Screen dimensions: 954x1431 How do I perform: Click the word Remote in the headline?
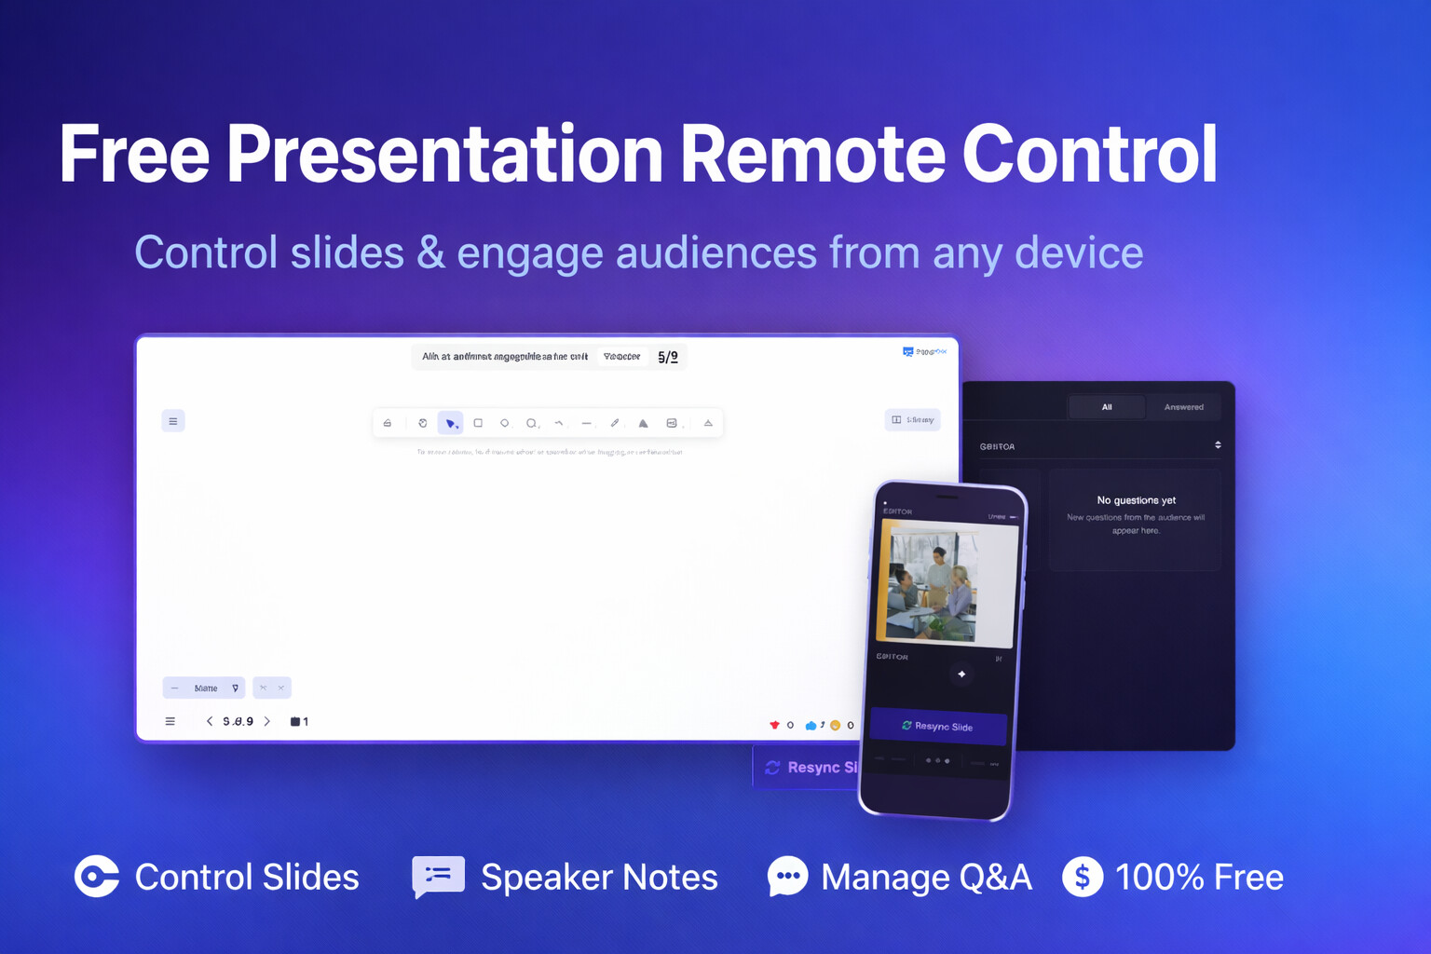pos(811,154)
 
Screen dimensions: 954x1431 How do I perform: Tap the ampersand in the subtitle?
pos(430,252)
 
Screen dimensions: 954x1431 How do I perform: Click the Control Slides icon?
pos(97,876)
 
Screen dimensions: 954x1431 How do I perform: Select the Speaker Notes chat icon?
pos(438,876)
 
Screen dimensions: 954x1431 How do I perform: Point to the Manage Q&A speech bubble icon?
pos(787,876)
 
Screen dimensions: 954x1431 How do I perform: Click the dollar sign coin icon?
pos(1083,877)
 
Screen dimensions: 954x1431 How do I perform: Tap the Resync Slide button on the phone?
pos(938,726)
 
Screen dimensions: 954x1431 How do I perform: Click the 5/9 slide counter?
pos(668,357)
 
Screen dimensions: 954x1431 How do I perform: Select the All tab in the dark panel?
pos(1107,407)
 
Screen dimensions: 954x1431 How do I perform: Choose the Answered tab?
pos(1183,407)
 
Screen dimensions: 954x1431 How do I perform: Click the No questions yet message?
pos(1136,500)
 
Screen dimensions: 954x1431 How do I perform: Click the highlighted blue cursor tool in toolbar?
pos(450,423)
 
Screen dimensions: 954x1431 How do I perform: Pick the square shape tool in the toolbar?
pos(478,423)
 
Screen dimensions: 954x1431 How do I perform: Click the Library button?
pos(912,420)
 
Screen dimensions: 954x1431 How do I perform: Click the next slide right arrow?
pos(267,721)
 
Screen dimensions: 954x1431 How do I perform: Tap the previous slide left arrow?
pos(210,721)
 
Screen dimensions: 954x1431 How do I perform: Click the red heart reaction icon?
pos(774,725)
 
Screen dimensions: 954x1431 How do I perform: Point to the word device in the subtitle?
pos(1078,252)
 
